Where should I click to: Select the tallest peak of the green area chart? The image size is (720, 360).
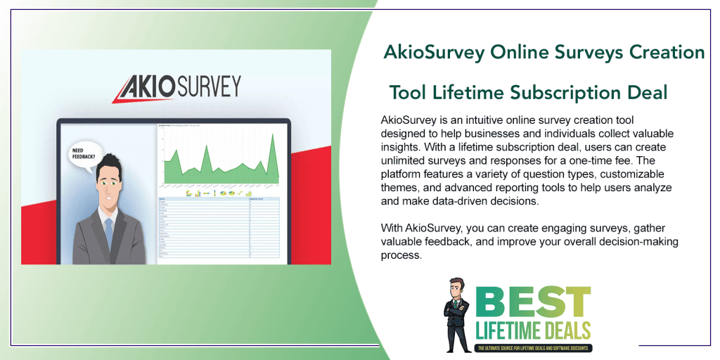tap(272, 136)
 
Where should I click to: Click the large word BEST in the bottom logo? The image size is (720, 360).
tap(532, 302)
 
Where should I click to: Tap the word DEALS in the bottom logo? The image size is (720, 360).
tap(565, 330)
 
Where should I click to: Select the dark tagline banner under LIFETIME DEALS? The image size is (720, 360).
tap(534, 347)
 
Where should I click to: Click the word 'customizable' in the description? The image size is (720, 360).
tap(634, 174)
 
